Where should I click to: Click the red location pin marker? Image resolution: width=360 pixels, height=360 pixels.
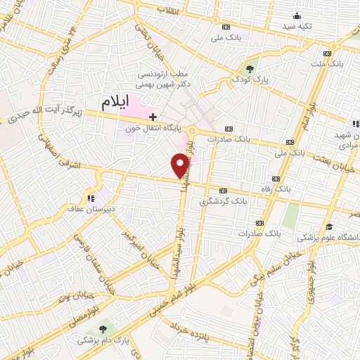(x=181, y=165)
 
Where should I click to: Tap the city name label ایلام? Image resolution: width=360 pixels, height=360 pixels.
(x=116, y=102)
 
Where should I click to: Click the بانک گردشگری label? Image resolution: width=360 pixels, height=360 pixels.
(x=222, y=201)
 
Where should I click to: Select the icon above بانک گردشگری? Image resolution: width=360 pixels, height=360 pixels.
(x=223, y=191)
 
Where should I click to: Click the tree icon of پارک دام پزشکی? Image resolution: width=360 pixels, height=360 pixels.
(x=103, y=328)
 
